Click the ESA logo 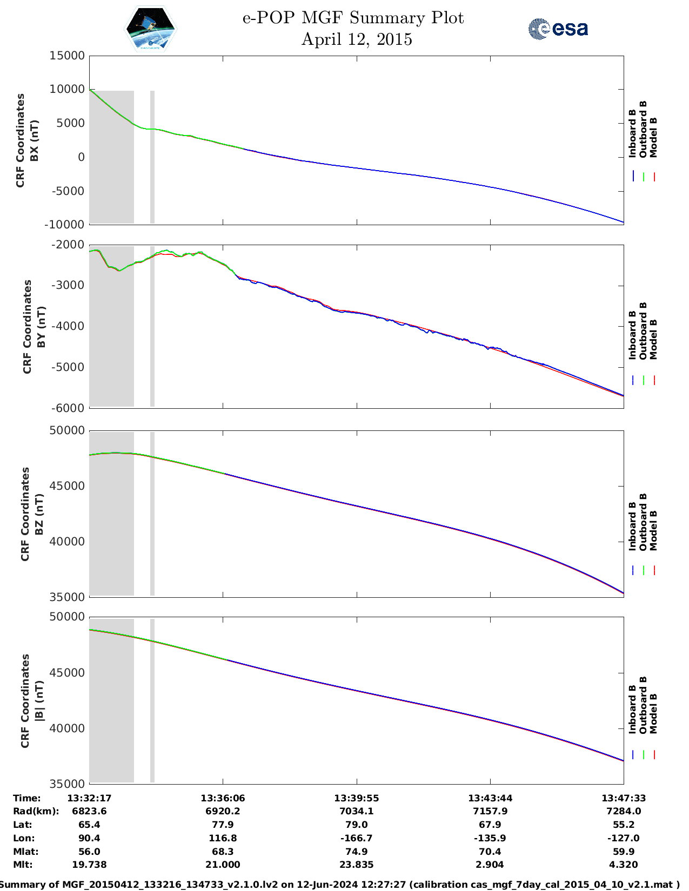coord(558,29)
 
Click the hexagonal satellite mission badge coord(150,29)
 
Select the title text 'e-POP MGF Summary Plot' coord(353,18)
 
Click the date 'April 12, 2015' coord(357,39)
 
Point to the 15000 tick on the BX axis coord(67,56)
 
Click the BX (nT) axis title coord(34,140)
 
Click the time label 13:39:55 coord(357,798)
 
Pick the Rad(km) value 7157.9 coord(490,812)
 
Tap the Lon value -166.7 coord(357,839)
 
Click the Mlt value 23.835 coord(357,865)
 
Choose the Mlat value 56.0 coord(89,852)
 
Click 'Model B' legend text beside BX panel coord(653,137)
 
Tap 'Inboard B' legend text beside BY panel coord(632,335)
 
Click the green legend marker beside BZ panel coord(644,570)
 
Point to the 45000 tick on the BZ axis coord(67,486)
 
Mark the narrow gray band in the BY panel coord(152,327)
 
